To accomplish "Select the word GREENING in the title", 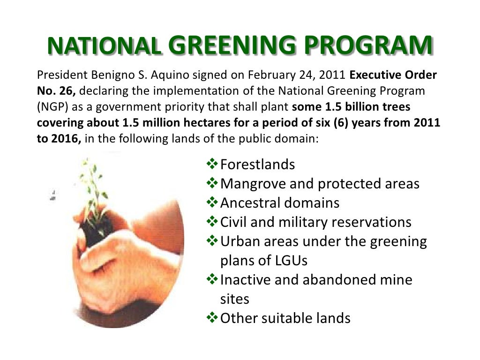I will (229, 46).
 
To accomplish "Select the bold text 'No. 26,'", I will (54, 91).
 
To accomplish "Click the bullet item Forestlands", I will (257, 165).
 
